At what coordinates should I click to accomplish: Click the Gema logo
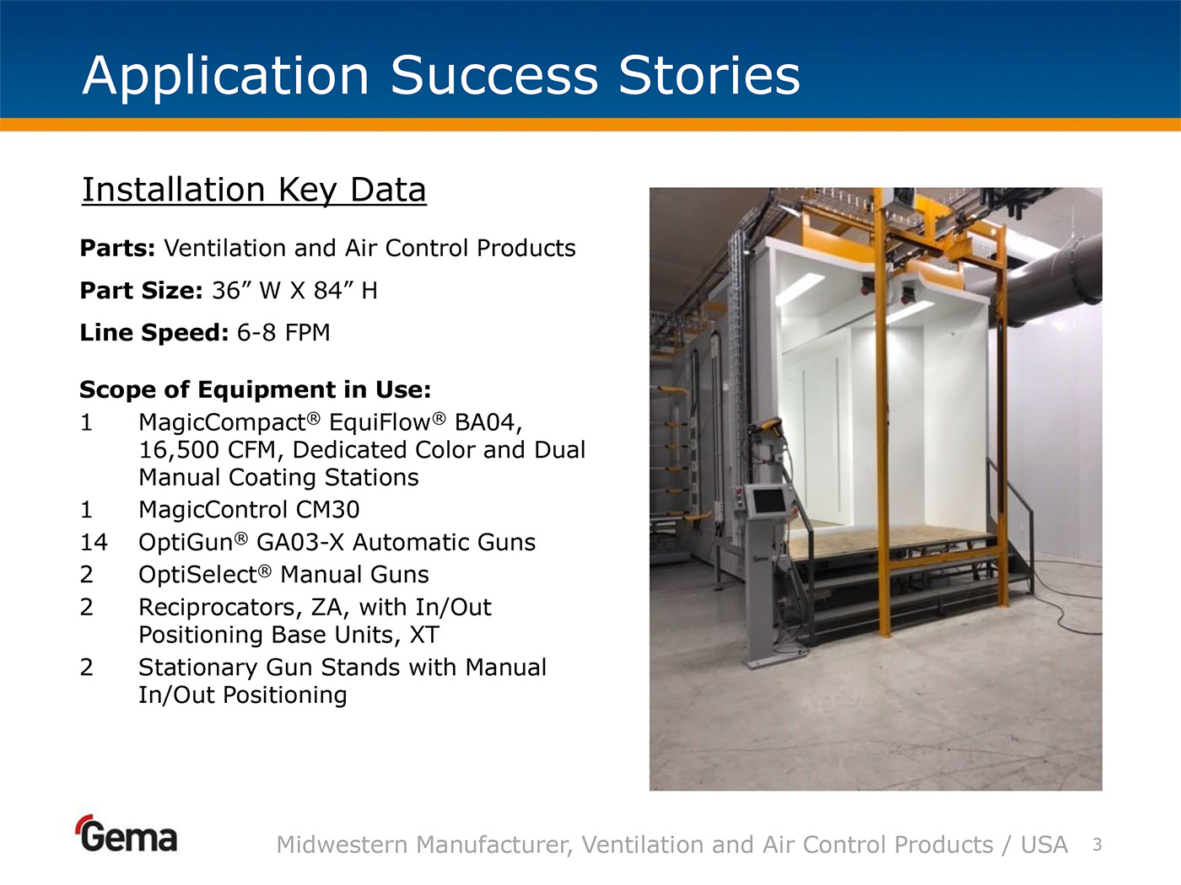[127, 834]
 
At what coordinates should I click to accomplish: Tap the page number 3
[1097, 845]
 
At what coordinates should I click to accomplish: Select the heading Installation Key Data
[254, 190]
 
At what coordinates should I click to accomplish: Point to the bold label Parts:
[117, 249]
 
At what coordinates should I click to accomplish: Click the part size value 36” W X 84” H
[295, 291]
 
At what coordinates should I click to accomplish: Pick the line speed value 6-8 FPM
[283, 333]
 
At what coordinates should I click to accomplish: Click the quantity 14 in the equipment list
[94, 542]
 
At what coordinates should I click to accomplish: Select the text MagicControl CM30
[249, 509]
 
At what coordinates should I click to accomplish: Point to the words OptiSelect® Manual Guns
[283, 575]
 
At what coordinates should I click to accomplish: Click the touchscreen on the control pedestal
[769, 502]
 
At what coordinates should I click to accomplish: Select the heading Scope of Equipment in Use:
[255, 389]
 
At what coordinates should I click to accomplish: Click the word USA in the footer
[1044, 845]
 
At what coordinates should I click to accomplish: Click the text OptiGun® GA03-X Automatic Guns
[337, 542]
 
